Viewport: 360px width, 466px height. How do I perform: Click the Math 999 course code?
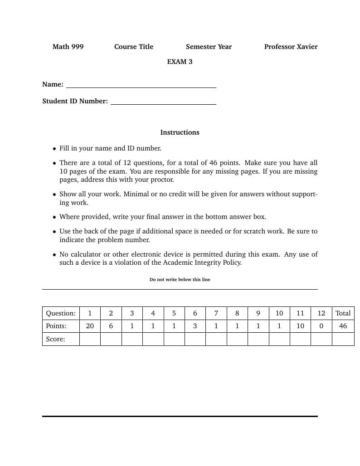point(68,47)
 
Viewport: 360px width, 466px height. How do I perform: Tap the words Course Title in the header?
point(134,47)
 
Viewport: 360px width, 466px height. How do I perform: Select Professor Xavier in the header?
point(291,47)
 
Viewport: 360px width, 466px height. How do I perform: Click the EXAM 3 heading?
point(180,62)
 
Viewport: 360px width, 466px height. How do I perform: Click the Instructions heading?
point(180,132)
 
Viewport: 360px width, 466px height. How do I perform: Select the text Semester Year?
point(209,47)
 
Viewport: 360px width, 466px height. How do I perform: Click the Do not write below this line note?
point(180,280)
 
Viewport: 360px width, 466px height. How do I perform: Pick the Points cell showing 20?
point(90,326)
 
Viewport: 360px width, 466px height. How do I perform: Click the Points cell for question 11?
point(300,326)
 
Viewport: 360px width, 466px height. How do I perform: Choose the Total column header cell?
point(343,313)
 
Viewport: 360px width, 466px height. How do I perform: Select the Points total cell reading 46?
point(343,326)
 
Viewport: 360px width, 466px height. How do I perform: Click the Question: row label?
point(61,313)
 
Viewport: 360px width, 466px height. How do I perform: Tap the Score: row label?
point(56,339)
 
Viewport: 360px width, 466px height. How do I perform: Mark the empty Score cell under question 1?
point(90,339)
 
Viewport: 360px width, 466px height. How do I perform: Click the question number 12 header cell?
point(321,313)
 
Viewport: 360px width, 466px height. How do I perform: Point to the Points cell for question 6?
point(195,326)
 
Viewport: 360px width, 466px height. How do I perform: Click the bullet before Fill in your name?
point(54,149)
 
